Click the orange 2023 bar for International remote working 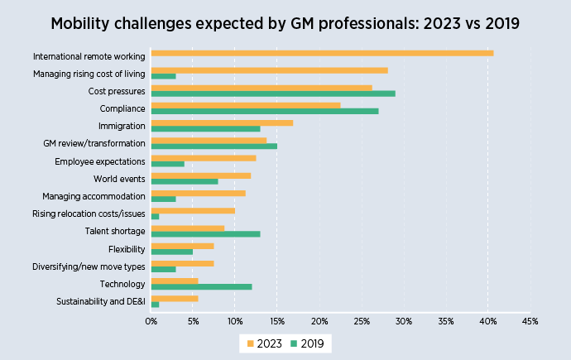(322, 53)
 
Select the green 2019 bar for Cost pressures (273, 93)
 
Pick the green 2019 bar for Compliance (265, 110)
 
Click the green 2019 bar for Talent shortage (205, 233)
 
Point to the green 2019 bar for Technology (201, 286)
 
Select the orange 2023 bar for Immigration (222, 122)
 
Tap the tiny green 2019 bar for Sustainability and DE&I (155, 304)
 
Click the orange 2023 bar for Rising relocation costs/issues (193, 211)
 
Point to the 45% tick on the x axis (530, 320)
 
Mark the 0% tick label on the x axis (151, 320)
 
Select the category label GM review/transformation (94, 144)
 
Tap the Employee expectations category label (100, 161)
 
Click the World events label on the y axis (120, 179)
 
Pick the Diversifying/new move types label (89, 267)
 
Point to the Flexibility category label (127, 249)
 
